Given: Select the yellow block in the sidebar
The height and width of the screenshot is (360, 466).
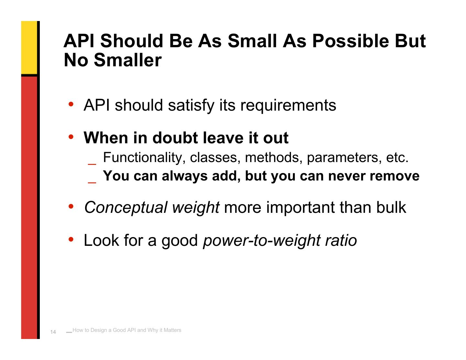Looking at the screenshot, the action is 29,48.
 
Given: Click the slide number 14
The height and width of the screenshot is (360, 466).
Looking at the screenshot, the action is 53,332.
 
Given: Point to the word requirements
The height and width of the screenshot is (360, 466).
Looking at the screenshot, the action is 288,105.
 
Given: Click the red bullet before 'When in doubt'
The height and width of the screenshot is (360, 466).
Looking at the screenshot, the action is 71,136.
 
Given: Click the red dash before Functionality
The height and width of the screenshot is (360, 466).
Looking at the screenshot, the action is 92,164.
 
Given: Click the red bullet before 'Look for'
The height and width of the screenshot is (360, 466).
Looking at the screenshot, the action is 71,239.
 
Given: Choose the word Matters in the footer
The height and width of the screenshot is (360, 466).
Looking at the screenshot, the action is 172,330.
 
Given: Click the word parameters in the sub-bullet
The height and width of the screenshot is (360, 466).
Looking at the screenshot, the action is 344,158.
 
